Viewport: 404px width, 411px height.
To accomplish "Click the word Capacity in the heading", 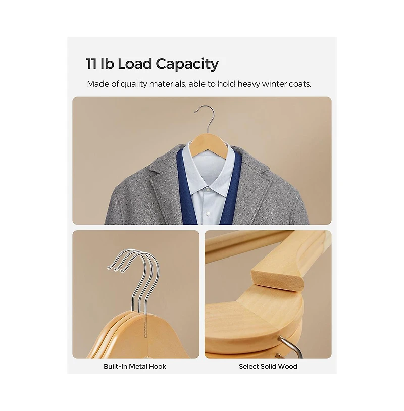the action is click(187, 64).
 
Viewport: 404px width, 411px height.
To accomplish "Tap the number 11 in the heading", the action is click(91, 64).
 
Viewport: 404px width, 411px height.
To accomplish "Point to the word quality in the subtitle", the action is click(134, 85).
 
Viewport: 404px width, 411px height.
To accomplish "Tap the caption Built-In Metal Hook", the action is click(135, 366).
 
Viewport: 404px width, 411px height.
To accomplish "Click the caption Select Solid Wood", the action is click(268, 366).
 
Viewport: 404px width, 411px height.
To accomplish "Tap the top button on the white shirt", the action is click(208, 189).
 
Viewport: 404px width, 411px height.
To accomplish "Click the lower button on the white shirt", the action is click(209, 214).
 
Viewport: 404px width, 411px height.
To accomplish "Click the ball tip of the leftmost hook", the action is click(109, 268).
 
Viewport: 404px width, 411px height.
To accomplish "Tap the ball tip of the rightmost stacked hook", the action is click(122, 271).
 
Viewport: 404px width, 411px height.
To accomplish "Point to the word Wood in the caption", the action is click(288, 366).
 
